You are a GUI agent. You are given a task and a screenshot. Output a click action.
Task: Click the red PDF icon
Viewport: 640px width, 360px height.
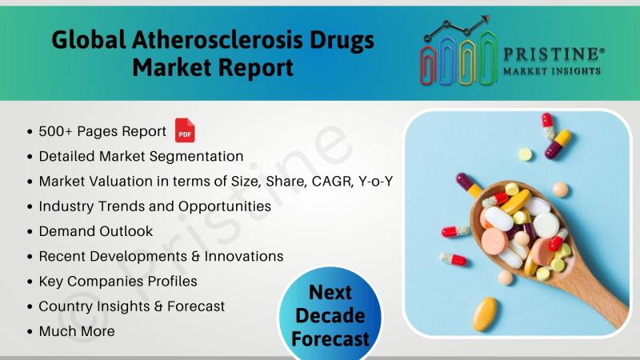tap(185, 130)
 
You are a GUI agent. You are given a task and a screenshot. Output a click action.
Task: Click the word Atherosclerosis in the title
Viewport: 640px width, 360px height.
tap(218, 41)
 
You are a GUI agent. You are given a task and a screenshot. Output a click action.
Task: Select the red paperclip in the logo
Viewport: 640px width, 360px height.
tap(428, 66)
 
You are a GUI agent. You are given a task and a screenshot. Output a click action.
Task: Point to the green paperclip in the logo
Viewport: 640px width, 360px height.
tap(487, 58)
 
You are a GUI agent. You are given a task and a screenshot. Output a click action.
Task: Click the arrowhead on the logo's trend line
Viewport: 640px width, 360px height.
tap(485, 19)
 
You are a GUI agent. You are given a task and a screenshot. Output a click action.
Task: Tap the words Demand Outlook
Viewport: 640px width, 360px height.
tap(95, 231)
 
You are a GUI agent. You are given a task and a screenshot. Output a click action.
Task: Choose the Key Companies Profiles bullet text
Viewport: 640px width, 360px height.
tap(118, 282)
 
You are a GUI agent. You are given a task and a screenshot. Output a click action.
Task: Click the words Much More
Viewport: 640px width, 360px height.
tap(77, 331)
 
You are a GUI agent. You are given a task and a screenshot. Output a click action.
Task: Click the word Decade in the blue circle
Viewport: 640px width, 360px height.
tap(330, 316)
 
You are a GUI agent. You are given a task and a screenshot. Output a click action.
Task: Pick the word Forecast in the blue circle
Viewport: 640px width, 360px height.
tap(330, 339)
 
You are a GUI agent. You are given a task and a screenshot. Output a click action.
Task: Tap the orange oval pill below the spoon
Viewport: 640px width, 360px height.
tap(485, 314)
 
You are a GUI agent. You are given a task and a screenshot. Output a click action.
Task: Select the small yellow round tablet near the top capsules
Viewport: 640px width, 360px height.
tap(526, 154)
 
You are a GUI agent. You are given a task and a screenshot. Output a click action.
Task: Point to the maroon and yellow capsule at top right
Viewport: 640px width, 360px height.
tap(558, 144)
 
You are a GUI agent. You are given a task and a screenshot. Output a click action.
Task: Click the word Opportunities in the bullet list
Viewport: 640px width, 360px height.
tap(225, 206)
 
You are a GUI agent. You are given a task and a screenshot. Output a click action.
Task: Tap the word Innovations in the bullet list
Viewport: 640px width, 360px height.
tap(244, 256)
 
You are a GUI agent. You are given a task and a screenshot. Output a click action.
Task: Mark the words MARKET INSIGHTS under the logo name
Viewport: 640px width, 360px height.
tap(552, 71)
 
